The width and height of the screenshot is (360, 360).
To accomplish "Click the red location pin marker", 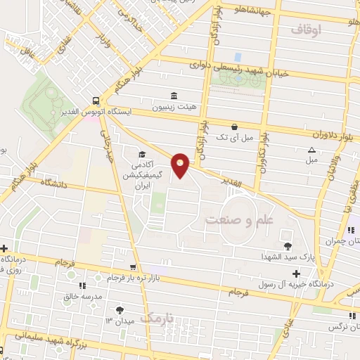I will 181,166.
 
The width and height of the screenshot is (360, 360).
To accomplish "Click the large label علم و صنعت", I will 239,220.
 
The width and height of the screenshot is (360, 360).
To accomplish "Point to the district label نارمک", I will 155,319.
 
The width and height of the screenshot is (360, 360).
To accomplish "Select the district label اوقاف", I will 304,30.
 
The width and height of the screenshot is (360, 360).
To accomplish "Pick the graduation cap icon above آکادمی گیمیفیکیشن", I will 143,154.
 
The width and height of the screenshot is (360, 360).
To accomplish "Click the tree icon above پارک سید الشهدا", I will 288,245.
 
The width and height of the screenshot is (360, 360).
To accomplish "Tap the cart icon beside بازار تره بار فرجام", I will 133,267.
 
